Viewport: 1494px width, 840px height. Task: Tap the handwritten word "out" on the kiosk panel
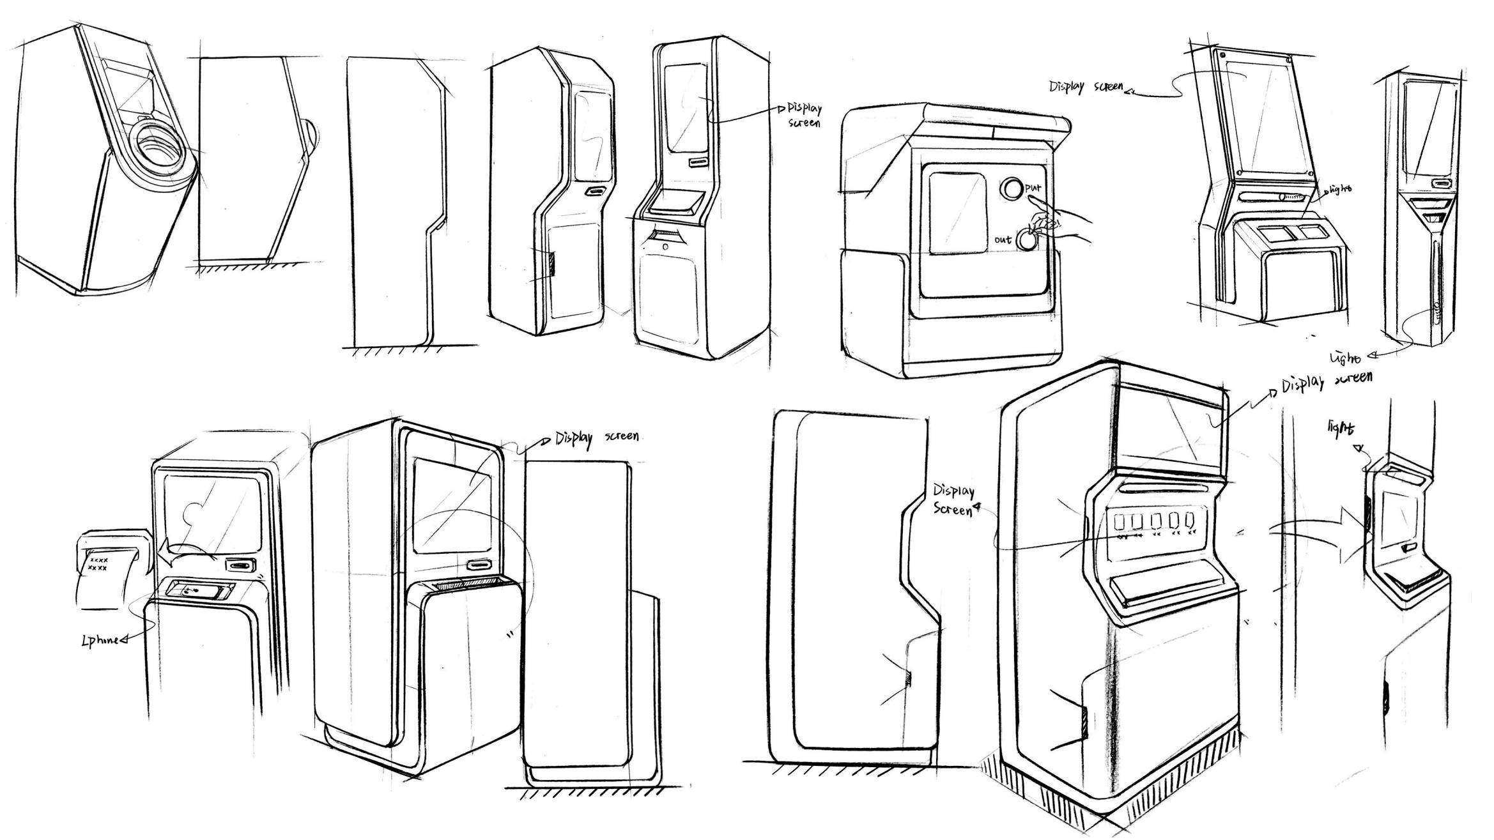coord(1003,240)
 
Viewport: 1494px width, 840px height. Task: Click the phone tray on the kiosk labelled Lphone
coord(199,590)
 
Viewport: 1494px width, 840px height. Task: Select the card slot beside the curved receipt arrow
coord(241,565)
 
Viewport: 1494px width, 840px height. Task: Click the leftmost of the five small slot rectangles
coord(1120,523)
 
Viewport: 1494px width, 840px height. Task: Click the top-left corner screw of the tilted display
coord(1222,55)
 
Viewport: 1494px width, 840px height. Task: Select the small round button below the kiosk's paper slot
coord(665,247)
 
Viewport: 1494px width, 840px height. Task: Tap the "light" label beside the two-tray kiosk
coord(1338,190)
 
